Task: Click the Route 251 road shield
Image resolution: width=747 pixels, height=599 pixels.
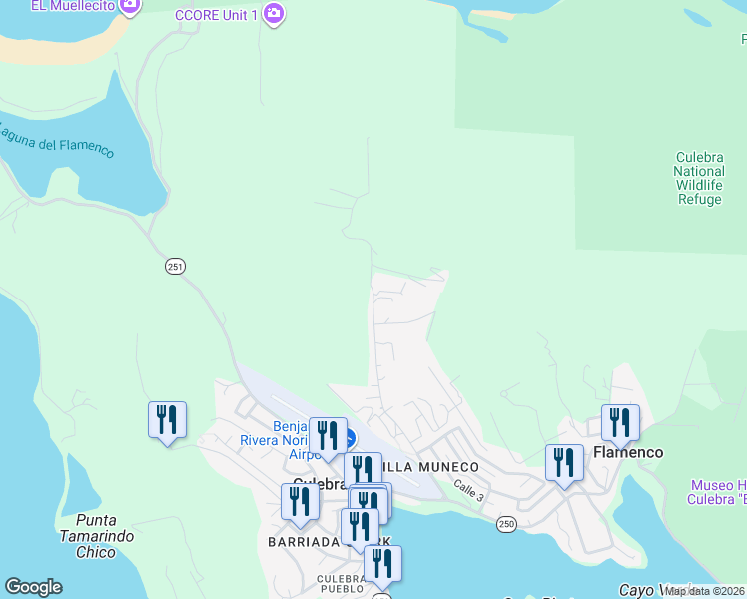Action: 176,267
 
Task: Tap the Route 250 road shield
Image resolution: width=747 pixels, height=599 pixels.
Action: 507,524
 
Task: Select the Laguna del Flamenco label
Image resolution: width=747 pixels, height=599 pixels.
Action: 55,141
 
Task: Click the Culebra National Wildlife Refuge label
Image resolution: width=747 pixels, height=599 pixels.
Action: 699,178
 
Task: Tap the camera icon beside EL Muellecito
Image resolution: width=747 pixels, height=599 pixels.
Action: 129,6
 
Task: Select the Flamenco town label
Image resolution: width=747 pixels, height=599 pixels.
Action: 627,452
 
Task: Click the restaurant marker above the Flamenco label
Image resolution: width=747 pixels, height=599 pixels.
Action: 620,423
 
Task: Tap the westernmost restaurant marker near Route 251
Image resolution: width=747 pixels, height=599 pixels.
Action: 167,419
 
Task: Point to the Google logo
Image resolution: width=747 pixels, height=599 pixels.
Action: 33,587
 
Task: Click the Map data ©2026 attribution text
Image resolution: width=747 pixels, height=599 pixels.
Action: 705,591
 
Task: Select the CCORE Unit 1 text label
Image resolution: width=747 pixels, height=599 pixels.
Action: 216,15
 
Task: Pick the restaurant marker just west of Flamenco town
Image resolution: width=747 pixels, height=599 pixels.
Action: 564,463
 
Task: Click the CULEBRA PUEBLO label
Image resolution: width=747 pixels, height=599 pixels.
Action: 345,584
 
